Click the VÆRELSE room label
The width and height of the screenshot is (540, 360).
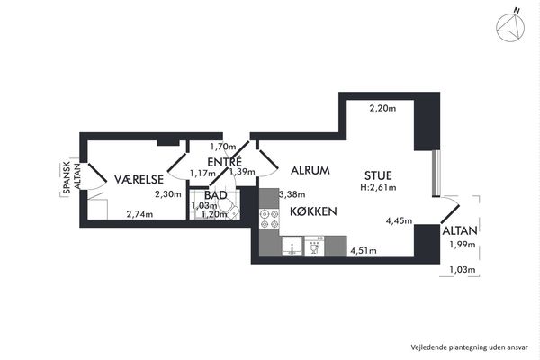coord(139,179)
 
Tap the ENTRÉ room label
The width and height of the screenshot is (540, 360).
coord(224,162)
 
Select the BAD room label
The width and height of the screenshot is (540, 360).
coord(216,195)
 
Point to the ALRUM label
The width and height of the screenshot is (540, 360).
coord(310,170)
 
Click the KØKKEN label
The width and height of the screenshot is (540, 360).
coord(313,211)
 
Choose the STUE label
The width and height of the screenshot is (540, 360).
coord(378,175)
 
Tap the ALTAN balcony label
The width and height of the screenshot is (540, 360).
coord(460,230)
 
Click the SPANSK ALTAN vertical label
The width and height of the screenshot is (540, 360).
coord(72,177)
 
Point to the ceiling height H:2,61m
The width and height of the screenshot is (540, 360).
coord(378,188)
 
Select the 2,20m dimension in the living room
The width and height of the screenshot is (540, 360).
coord(382,109)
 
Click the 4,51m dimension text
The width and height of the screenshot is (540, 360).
coord(364,251)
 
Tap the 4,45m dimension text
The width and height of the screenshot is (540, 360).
coord(399,220)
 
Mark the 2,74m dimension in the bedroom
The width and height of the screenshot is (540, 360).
coord(139,214)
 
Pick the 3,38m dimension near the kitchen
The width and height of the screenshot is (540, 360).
coord(292,194)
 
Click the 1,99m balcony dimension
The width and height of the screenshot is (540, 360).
coord(463,245)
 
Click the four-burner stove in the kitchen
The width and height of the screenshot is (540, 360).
coord(269,220)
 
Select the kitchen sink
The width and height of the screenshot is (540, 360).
coord(292,246)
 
